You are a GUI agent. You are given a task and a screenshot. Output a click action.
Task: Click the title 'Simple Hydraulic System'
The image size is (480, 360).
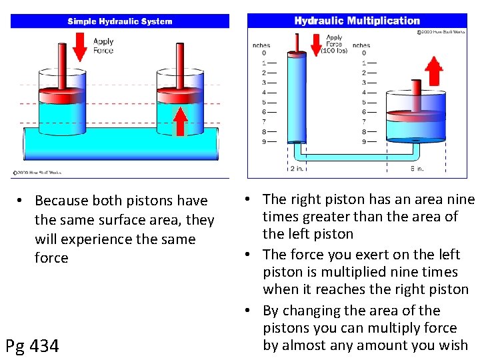tap(120, 21)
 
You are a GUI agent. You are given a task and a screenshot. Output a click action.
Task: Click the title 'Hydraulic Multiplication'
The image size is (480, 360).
tap(357, 21)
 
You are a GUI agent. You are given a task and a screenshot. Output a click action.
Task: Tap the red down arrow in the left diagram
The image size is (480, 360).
tap(80, 46)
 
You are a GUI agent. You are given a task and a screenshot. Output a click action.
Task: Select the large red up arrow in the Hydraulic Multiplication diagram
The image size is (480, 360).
tap(434, 71)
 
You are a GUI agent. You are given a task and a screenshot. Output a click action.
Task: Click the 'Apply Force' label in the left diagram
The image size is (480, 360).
tap(103, 45)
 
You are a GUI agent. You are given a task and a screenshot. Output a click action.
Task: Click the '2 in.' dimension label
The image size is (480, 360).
tap(297, 169)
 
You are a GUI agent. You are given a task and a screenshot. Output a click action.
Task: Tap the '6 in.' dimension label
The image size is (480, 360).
tap(417, 169)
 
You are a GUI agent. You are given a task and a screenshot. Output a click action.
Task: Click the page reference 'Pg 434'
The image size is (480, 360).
tap(32, 346)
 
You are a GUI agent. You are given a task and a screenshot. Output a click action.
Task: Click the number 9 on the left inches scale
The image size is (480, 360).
tap(264, 141)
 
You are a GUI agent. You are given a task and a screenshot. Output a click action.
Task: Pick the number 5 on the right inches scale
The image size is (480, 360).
tap(363, 102)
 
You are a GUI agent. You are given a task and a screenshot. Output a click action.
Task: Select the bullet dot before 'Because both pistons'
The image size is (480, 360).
tap(22, 201)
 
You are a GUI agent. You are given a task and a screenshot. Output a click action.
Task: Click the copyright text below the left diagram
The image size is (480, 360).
tap(37, 173)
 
